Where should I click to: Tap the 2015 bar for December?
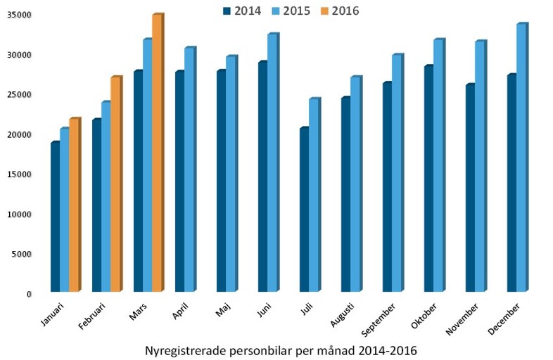[521, 157]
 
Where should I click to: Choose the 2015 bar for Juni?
[272, 162]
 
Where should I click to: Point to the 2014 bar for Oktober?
[428, 179]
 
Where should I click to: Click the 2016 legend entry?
[345, 10]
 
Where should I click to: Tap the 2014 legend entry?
[243, 10]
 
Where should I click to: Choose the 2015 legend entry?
[294, 10]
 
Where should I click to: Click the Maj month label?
[224, 309]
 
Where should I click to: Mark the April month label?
[182, 311]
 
